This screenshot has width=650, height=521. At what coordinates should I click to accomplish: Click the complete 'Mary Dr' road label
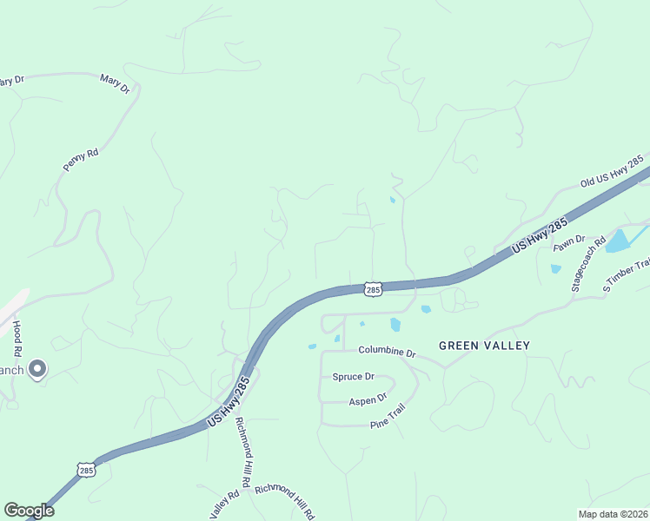point(115,84)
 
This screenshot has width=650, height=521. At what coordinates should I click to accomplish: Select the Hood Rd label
point(17,338)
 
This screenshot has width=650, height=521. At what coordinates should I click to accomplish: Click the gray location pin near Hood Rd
point(36,369)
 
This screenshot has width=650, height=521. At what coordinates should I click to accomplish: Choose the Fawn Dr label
point(569,244)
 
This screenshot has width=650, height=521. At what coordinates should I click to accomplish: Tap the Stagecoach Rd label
point(587,265)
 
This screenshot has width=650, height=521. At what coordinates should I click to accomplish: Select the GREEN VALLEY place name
point(484,346)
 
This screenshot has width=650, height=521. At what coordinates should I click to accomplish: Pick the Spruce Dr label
point(353,377)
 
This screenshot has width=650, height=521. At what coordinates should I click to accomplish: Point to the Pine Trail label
point(388,420)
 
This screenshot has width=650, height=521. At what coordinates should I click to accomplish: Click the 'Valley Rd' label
point(224,503)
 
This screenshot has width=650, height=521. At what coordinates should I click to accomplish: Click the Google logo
point(30,511)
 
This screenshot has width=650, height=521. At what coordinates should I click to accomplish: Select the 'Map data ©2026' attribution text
point(613,514)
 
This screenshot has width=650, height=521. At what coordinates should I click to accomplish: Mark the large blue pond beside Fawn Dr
point(619,240)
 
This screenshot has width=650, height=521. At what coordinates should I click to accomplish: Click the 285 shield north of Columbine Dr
point(372,288)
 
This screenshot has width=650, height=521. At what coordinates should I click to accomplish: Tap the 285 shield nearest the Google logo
point(85,470)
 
